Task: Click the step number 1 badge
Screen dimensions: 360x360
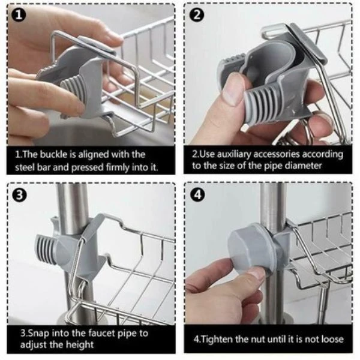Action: (x=19, y=16)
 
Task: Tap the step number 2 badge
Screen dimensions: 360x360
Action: (x=197, y=16)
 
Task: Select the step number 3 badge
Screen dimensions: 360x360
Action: (x=20, y=195)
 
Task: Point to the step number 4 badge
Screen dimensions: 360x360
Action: (x=197, y=194)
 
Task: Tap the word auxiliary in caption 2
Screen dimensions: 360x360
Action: (x=234, y=155)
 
